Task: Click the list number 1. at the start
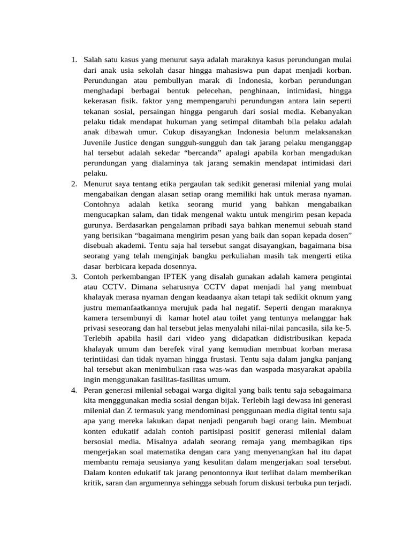tap(74, 59)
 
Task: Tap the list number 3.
tap(74, 276)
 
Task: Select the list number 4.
tap(74, 391)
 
